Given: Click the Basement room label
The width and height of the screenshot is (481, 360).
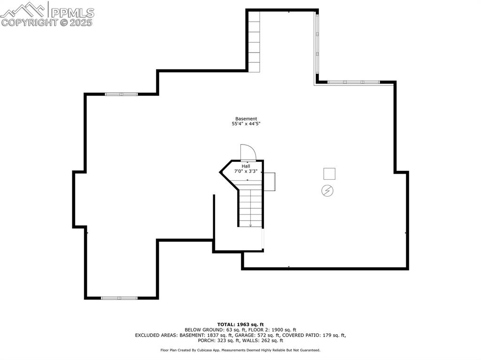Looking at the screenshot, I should point(246,119).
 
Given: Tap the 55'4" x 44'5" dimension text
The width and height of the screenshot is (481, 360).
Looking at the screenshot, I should point(246,124).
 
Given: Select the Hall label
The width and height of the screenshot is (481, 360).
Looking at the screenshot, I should point(246,166).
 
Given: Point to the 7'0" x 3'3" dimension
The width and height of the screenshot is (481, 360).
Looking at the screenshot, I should point(246,172).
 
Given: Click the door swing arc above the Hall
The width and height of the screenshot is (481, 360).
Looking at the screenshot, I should point(248,153).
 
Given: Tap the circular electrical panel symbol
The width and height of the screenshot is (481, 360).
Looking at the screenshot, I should point(327,191).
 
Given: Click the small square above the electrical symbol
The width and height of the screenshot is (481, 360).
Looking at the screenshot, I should point(329,174).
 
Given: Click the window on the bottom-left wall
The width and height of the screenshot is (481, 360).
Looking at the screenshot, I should point(119,298).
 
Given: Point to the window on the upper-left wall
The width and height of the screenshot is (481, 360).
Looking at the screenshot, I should point(121,94).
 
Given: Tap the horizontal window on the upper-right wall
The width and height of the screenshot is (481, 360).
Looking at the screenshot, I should point(354,82).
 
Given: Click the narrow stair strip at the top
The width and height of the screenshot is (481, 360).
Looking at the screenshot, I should point(254,41).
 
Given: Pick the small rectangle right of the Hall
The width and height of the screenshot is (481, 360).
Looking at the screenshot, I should point(270,182).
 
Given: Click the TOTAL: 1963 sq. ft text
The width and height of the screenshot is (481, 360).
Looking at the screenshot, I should point(240,324).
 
